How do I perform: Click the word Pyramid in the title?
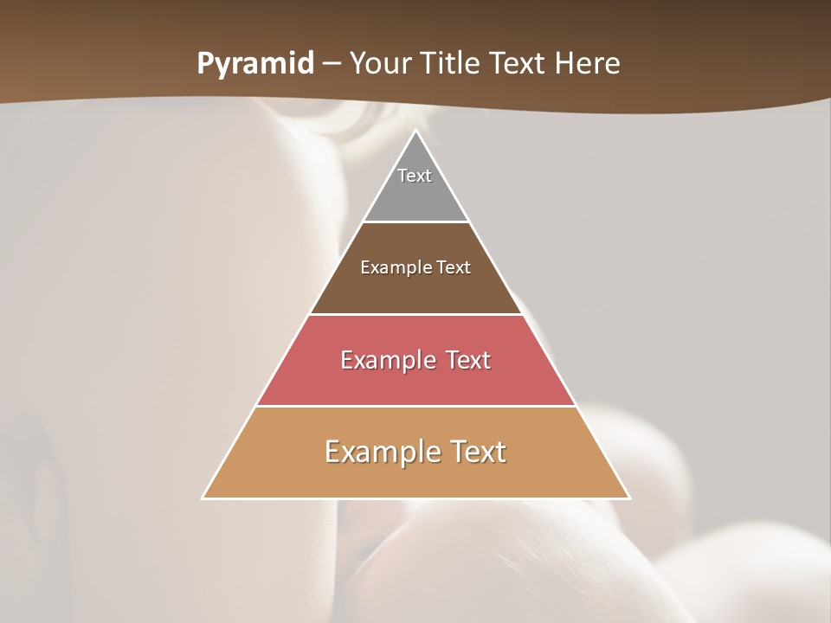click(255, 64)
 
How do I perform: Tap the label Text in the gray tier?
click(415, 176)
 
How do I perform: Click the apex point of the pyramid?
click(415, 132)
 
